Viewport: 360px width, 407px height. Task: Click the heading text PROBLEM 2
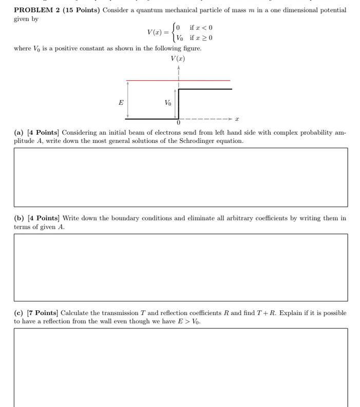point(36,10)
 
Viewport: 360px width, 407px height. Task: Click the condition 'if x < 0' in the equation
point(201,28)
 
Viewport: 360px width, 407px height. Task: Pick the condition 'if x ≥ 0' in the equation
point(201,38)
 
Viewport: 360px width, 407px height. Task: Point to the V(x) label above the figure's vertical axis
point(178,58)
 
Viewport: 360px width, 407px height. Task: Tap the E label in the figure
point(121,102)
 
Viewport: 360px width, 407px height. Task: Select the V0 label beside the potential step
point(168,103)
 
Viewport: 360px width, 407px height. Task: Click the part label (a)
point(19,133)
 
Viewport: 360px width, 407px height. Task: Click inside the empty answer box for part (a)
point(180,177)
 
